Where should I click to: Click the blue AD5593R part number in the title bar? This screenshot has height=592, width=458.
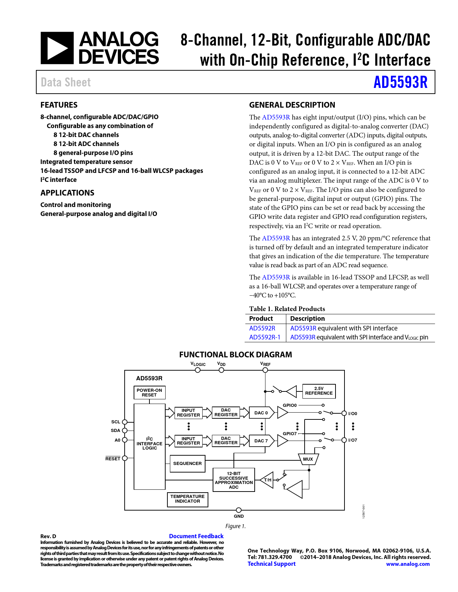pyautogui.click(x=400, y=82)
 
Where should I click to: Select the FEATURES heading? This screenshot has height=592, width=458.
pyautogui.click(x=59, y=105)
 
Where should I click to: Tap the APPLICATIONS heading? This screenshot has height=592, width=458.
pyautogui.click(x=67, y=193)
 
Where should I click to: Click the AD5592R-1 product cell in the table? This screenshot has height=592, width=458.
pyautogui.click(x=265, y=337)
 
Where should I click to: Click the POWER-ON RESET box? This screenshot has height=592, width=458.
pyautogui.click(x=149, y=393)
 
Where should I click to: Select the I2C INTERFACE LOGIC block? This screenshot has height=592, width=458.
pyautogui.click(x=149, y=443)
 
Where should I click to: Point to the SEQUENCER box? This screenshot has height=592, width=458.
pyautogui.click(x=188, y=464)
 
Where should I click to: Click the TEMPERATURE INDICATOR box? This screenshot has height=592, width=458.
pyautogui.click(x=188, y=499)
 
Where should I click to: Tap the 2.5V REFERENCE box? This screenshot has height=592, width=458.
pyautogui.click(x=319, y=391)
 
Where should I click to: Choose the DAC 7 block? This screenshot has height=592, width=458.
pyautogui.click(x=261, y=441)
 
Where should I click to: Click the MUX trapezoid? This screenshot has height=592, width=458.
pyautogui.click(x=308, y=459)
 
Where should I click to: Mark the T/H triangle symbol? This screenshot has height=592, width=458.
pyautogui.click(x=267, y=480)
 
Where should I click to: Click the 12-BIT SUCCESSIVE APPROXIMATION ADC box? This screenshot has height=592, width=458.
pyautogui.click(x=234, y=480)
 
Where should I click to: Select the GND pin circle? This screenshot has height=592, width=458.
pyautogui.click(x=239, y=510)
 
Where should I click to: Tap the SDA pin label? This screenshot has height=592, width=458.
pyautogui.click(x=115, y=431)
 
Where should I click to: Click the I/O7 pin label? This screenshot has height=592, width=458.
pyautogui.click(x=353, y=440)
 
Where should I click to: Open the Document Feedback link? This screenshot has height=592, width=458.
pyautogui.click(x=196, y=536)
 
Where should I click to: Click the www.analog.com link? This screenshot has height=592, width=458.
pyautogui.click(x=408, y=564)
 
